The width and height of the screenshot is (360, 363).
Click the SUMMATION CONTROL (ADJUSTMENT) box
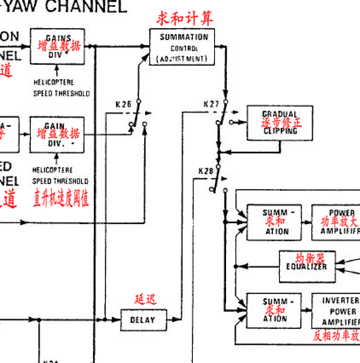182,47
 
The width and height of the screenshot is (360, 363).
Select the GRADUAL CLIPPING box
280,123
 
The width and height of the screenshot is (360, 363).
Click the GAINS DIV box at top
57,46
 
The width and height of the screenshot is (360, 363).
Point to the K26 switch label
123,104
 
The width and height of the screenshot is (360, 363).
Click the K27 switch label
211,104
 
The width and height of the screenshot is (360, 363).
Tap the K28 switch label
206,171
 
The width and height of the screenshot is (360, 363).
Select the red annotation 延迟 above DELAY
145,300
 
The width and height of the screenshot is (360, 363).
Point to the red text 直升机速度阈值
61,199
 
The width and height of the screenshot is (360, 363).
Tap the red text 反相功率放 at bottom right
336,336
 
